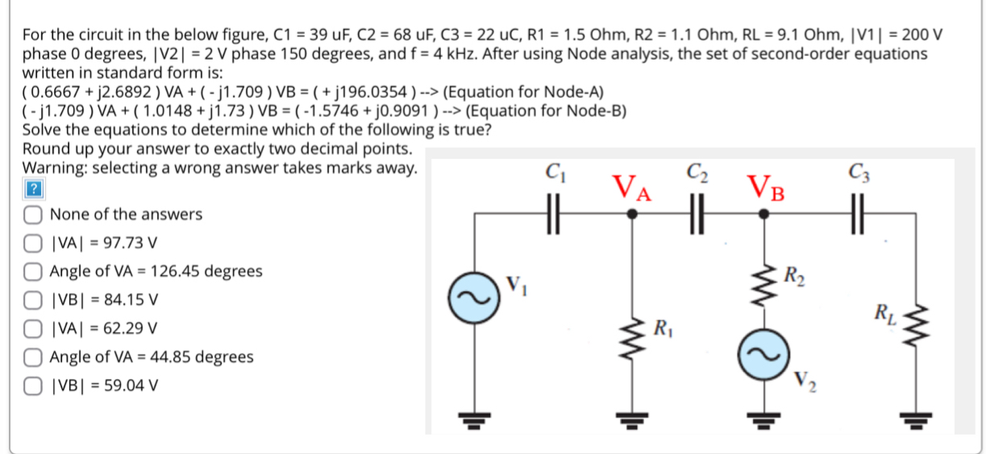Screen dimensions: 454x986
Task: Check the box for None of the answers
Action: (33, 215)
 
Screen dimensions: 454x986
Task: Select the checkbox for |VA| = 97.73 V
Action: (33, 243)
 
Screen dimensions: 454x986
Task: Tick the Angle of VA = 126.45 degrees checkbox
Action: (33, 271)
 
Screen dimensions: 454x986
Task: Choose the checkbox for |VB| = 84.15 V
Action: (33, 300)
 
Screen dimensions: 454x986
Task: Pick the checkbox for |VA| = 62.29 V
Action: (33, 328)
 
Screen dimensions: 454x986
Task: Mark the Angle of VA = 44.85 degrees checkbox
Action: (33, 356)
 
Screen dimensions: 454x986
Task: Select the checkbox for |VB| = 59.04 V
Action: (33, 385)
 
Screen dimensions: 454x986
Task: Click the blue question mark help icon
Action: (32, 190)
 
